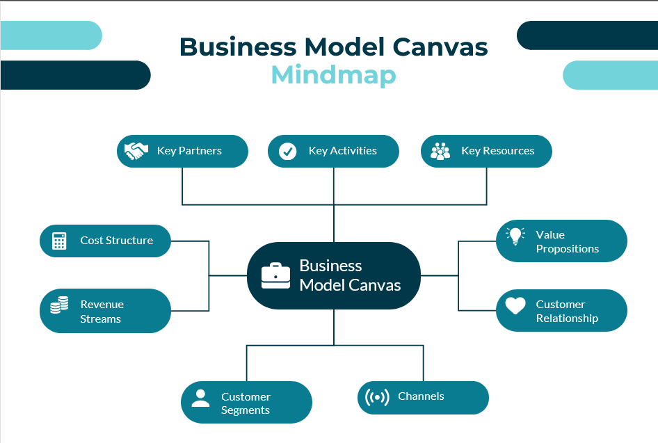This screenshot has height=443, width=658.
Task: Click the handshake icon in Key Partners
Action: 136,151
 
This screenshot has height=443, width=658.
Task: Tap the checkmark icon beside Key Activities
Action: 287,152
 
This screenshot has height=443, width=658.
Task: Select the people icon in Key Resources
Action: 440,151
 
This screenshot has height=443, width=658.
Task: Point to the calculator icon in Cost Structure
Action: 60,241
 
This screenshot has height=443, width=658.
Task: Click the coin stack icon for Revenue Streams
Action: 60,305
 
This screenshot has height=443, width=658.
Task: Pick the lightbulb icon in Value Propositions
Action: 515,236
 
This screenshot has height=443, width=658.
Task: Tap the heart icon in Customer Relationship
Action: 515,305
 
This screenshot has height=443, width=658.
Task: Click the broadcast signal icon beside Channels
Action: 377,397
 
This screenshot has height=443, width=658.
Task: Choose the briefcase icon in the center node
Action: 276,275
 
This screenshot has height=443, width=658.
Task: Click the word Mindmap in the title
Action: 333,74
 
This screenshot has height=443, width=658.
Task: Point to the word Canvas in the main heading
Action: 440,47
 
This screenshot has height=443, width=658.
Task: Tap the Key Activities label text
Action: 342,151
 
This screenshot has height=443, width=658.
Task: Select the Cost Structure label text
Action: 116,241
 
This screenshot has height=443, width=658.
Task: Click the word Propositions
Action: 567,249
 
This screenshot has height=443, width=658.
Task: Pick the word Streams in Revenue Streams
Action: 100,319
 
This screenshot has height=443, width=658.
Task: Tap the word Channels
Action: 421,396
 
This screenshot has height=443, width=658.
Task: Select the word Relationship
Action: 567,319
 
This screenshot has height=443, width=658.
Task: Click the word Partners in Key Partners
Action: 200,151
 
